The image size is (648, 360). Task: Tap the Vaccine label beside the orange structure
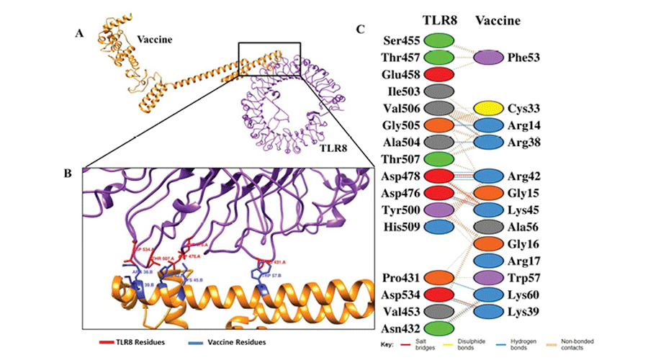click(155, 40)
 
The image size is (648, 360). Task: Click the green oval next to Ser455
click(438, 40)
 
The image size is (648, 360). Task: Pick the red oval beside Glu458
click(438, 73)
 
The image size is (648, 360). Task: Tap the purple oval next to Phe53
click(487, 57)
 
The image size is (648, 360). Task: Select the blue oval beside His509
click(438, 226)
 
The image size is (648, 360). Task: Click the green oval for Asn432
click(438, 328)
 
